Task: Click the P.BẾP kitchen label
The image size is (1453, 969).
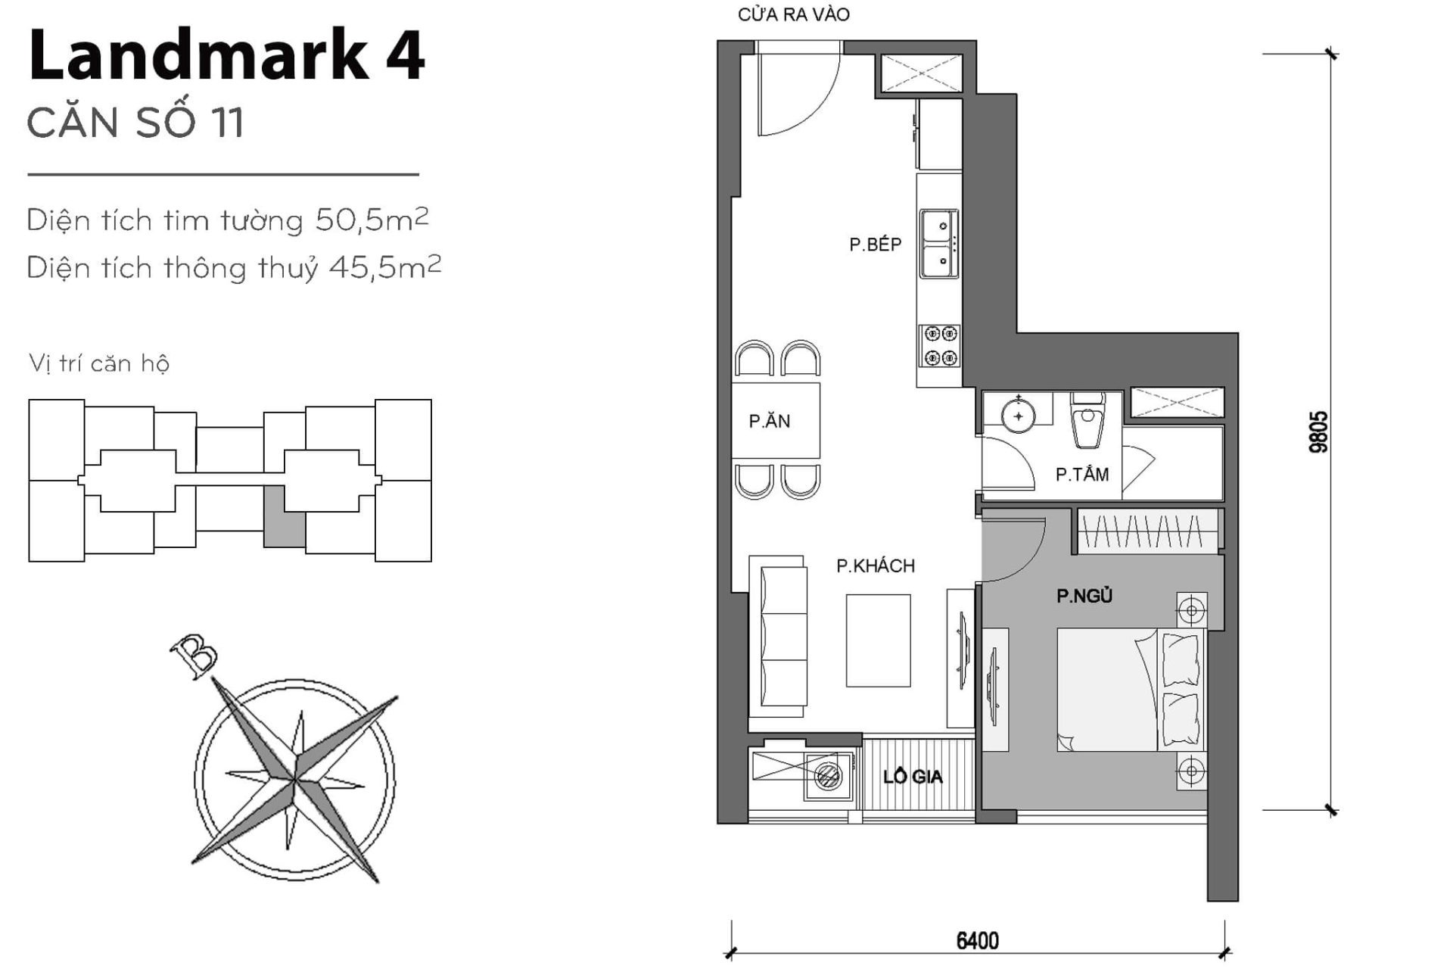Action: click(875, 245)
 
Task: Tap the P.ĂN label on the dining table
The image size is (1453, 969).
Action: click(769, 422)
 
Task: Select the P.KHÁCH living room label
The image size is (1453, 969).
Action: click(875, 566)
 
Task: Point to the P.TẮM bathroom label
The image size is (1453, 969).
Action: click(1081, 475)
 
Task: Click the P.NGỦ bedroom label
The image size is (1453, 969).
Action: click(1084, 597)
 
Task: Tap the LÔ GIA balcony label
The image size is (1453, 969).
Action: click(913, 777)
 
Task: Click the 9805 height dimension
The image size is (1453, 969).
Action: click(1318, 432)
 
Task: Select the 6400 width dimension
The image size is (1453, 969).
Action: click(977, 941)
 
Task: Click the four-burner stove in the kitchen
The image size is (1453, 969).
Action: click(940, 345)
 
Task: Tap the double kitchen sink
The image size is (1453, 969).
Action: click(938, 244)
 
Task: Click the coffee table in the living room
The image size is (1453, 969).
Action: click(878, 640)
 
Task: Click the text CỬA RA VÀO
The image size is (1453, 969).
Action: click(793, 14)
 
